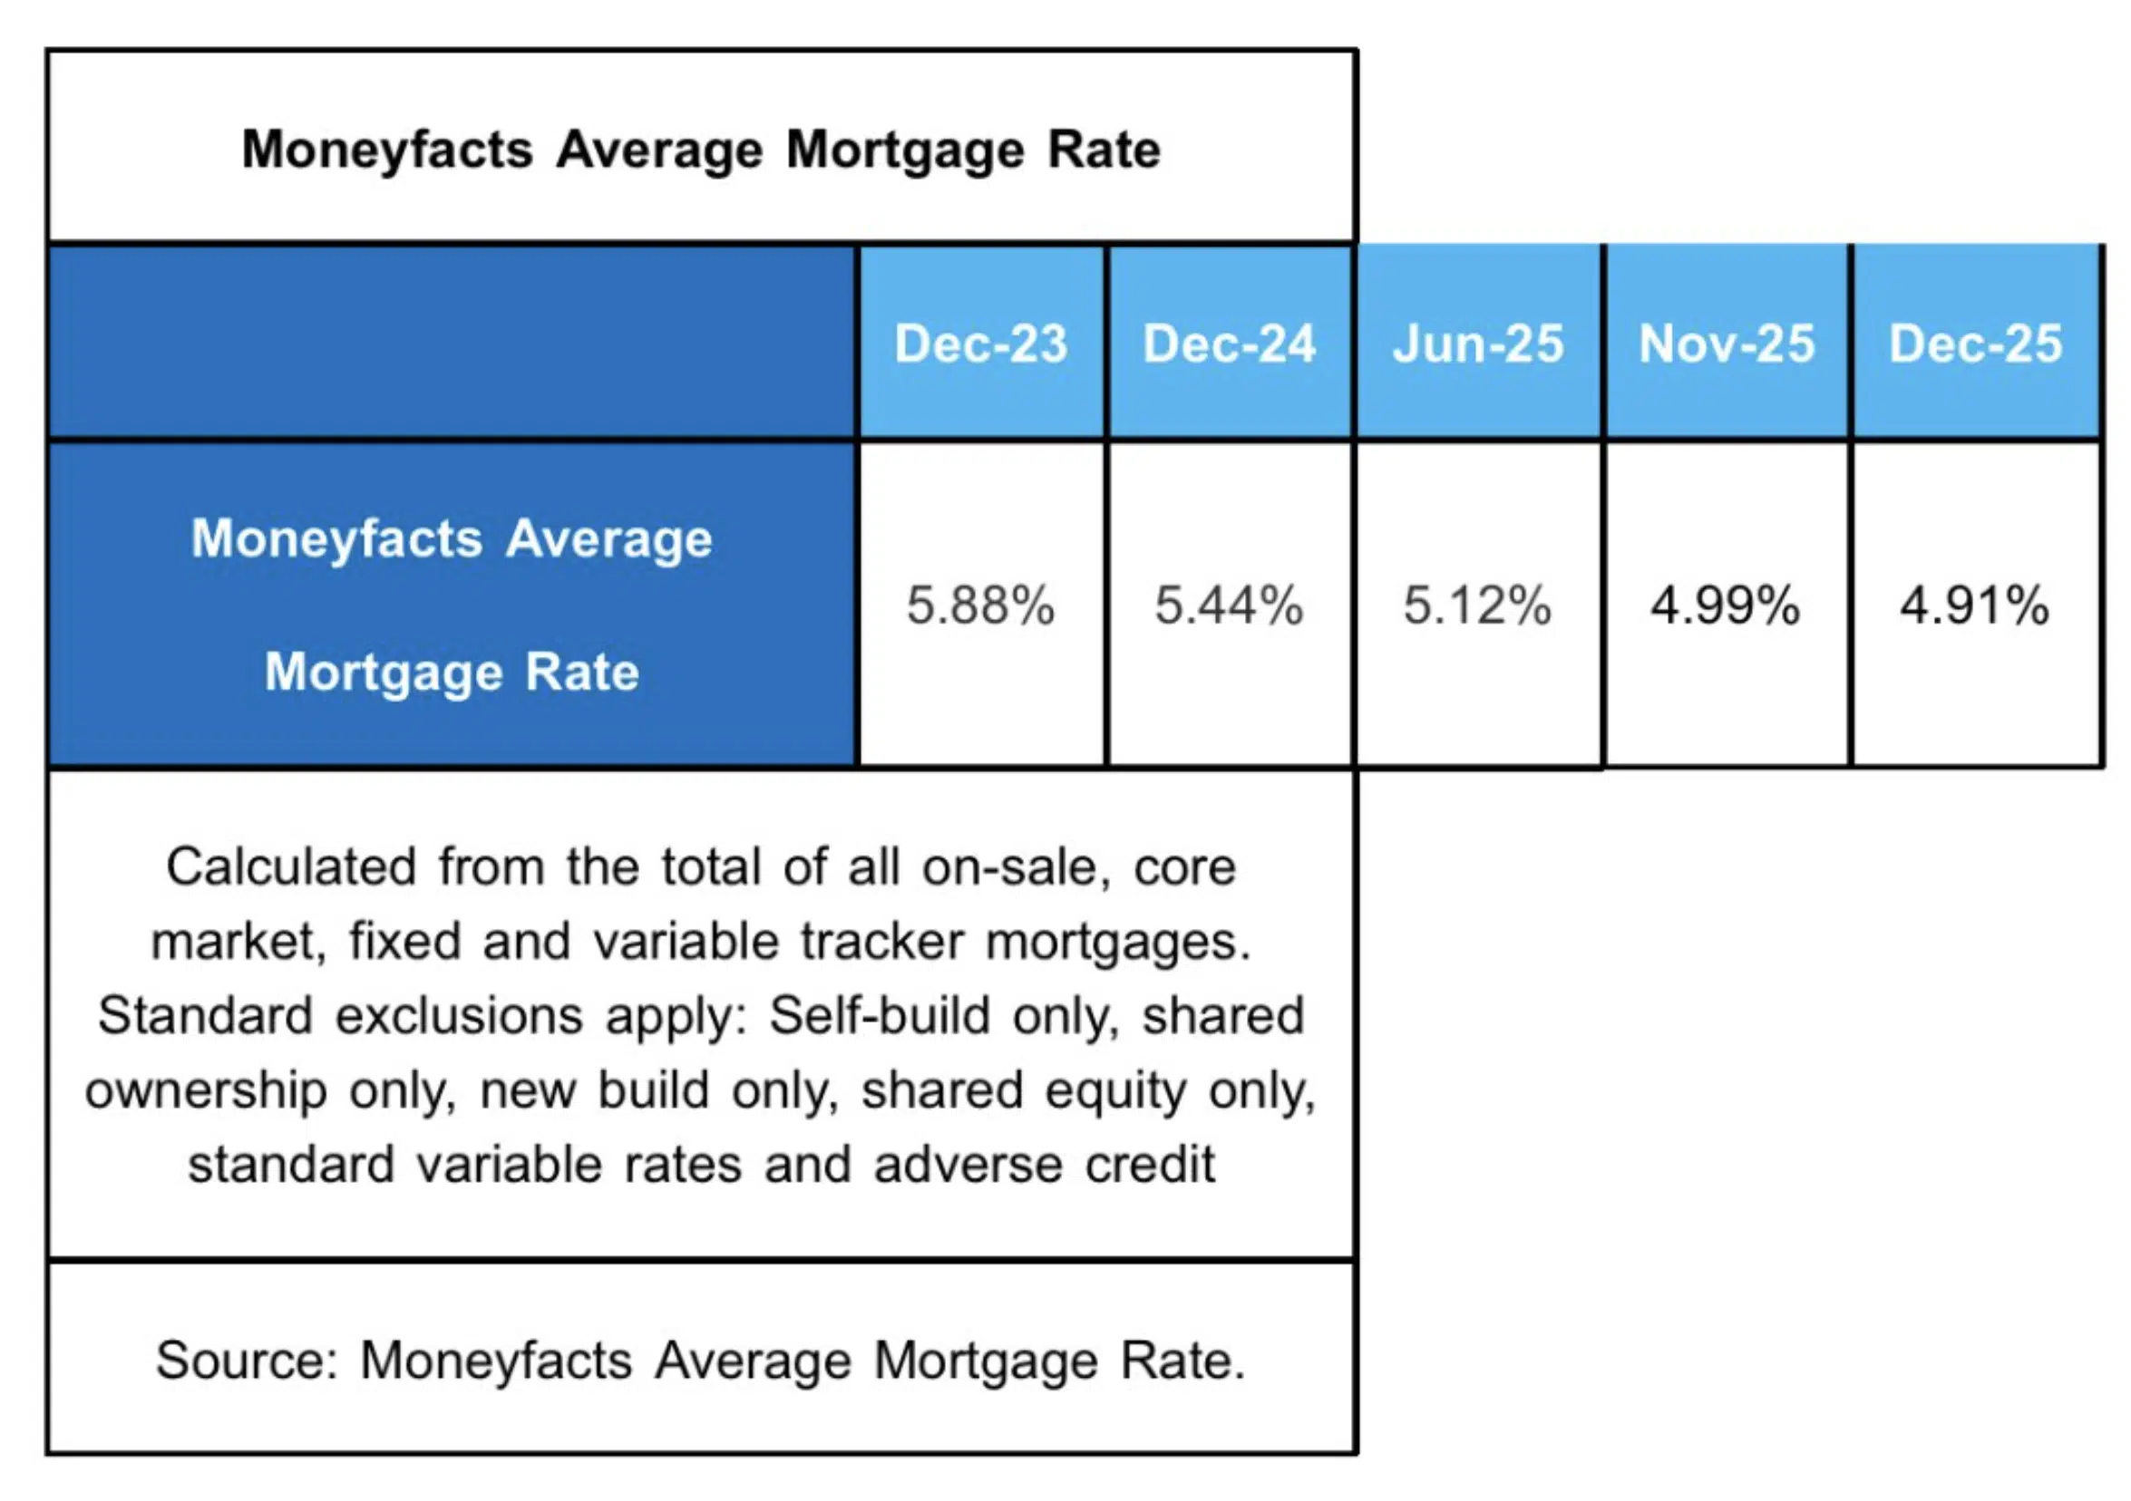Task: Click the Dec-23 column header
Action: pyautogui.click(x=981, y=344)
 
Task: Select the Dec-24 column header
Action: pyautogui.click(x=1229, y=344)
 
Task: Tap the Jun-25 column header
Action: pyautogui.click(x=1477, y=344)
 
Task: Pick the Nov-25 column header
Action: pyautogui.click(x=1727, y=344)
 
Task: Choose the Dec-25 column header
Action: pyautogui.click(x=1975, y=344)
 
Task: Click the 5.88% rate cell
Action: pyautogui.click(x=981, y=605)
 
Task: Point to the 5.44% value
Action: pyautogui.click(x=1229, y=605)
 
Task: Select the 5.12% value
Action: pyautogui.click(x=1477, y=605)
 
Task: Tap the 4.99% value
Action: pyautogui.click(x=1727, y=605)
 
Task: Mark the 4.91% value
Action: pyautogui.click(x=1975, y=605)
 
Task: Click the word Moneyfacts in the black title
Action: pyautogui.click(x=387, y=150)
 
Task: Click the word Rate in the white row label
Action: pyautogui.click(x=582, y=672)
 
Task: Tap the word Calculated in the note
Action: pyautogui.click(x=290, y=868)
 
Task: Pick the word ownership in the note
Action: pyautogui.click(x=206, y=1091)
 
